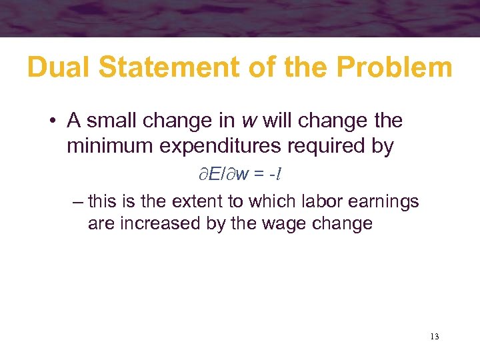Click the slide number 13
tap(435, 336)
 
